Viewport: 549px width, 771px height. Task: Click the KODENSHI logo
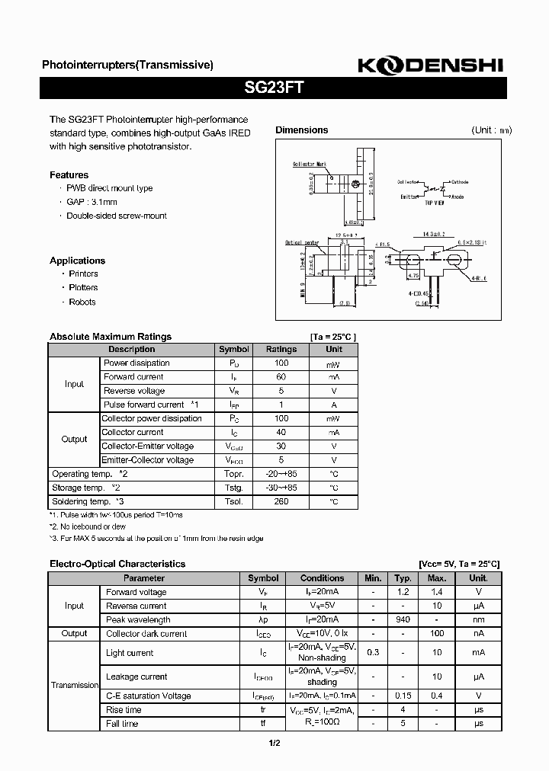tap(431, 66)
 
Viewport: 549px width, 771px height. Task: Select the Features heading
tap(69, 174)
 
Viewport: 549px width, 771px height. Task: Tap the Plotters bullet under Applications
tap(83, 287)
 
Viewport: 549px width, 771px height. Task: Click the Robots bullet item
tap(82, 302)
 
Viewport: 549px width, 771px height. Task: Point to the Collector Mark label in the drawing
tap(309, 164)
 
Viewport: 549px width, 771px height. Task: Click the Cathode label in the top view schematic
tap(460, 182)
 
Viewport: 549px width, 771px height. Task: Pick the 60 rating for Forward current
tap(281, 376)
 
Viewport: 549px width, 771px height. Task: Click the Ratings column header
tap(281, 349)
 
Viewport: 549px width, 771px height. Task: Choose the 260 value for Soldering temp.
tap(281, 501)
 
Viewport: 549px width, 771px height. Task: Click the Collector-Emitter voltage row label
tap(148, 446)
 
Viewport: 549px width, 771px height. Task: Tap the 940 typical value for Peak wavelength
tap(403, 619)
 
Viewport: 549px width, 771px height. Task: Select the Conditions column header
tap(322, 578)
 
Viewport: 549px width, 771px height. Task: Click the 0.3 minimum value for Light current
tap(373, 652)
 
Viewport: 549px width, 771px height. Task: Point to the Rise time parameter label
tap(124, 709)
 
